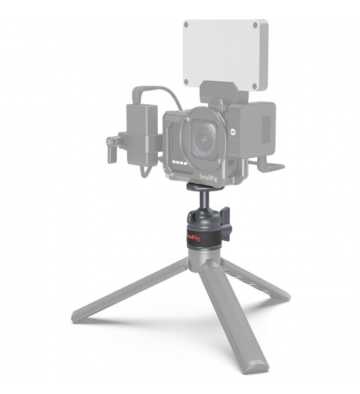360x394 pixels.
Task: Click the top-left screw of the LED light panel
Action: click(x=186, y=25)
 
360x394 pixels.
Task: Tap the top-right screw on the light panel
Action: click(x=255, y=25)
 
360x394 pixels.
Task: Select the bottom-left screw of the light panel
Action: click(x=186, y=82)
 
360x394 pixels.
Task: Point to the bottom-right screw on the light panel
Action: click(x=255, y=86)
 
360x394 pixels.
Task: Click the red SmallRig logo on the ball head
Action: click(x=193, y=236)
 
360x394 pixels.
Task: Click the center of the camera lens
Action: click(x=204, y=139)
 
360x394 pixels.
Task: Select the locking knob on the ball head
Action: click(x=226, y=224)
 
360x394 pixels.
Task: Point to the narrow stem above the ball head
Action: click(x=205, y=200)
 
